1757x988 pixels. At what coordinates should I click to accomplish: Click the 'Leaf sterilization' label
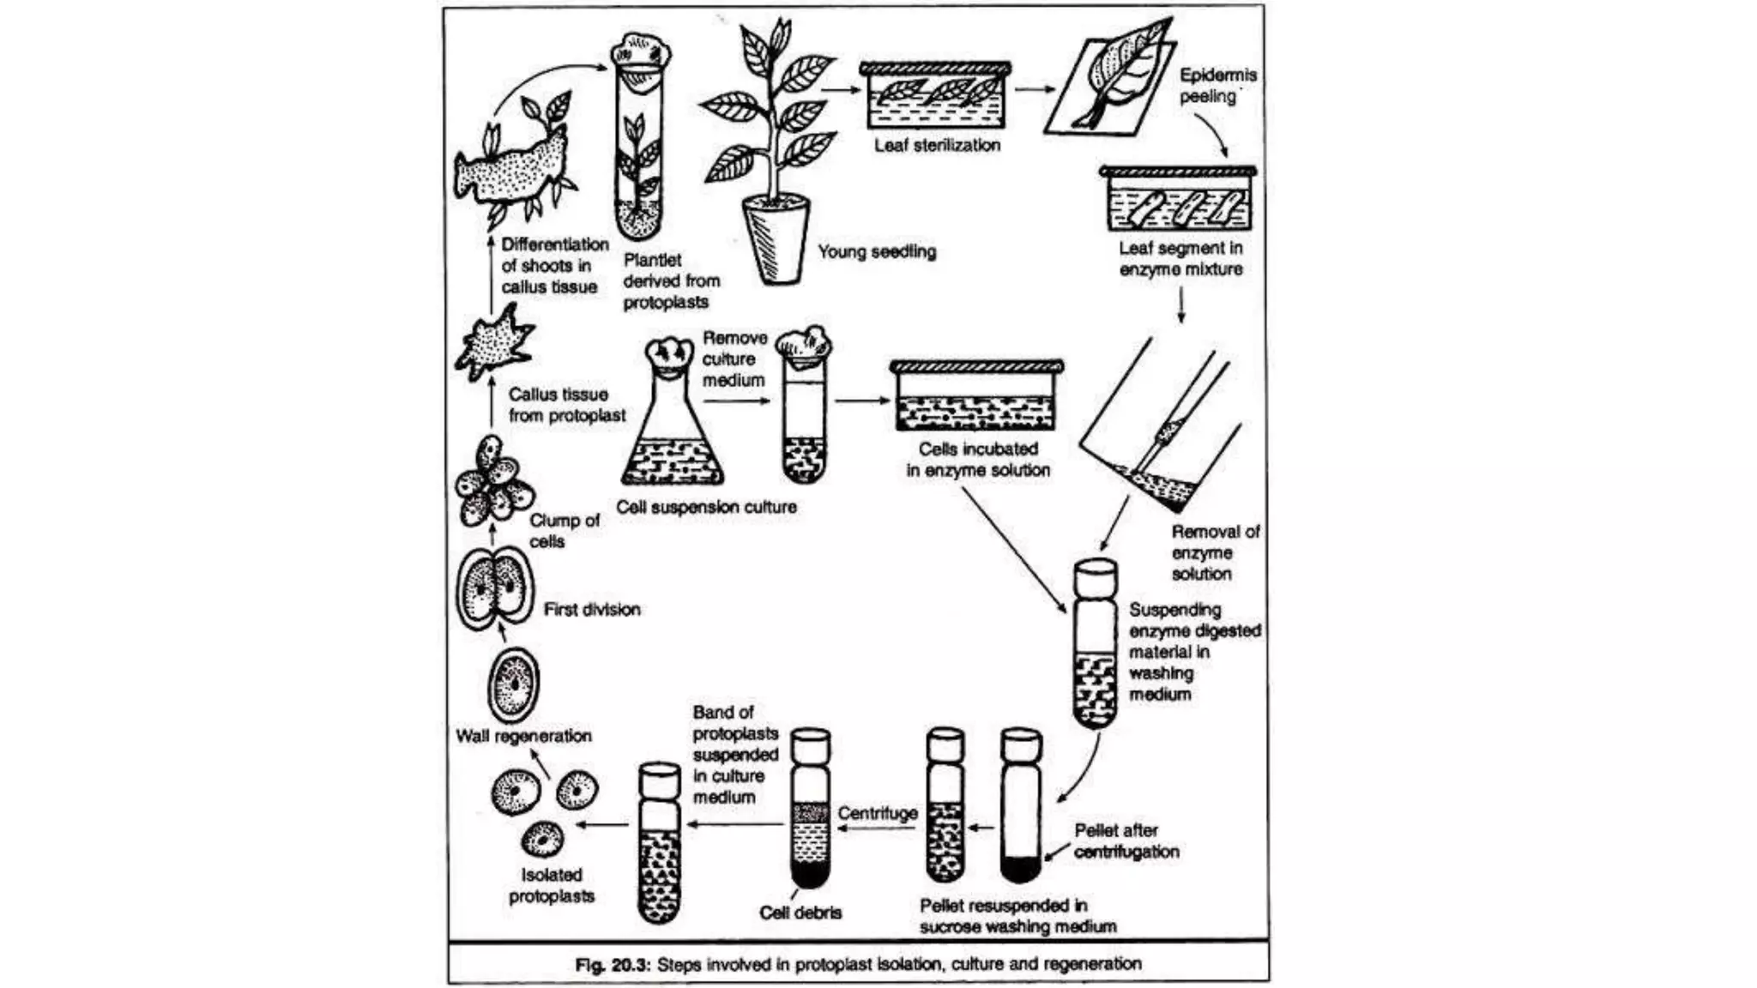click(x=937, y=146)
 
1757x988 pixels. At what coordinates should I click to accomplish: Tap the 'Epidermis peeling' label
click(x=1217, y=86)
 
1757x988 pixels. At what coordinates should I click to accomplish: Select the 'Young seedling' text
click(x=876, y=252)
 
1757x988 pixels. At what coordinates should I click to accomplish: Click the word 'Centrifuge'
click(x=877, y=813)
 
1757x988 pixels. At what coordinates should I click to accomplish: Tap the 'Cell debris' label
click(x=800, y=913)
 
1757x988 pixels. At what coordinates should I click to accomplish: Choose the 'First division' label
click(x=592, y=610)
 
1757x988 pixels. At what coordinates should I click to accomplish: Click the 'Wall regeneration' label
click(x=523, y=736)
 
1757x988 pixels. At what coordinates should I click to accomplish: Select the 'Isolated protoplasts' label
click(x=551, y=885)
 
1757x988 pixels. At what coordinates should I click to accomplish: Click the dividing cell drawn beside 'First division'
click(x=491, y=590)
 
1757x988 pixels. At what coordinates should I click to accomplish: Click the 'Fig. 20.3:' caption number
click(x=613, y=964)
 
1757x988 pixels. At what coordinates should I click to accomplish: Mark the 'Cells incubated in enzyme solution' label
click(x=978, y=460)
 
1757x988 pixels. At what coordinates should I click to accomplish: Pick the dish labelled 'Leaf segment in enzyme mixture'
click(x=1178, y=201)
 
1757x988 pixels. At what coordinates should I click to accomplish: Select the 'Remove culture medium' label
click(x=734, y=359)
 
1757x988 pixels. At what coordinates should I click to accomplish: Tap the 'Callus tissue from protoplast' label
click(x=566, y=405)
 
